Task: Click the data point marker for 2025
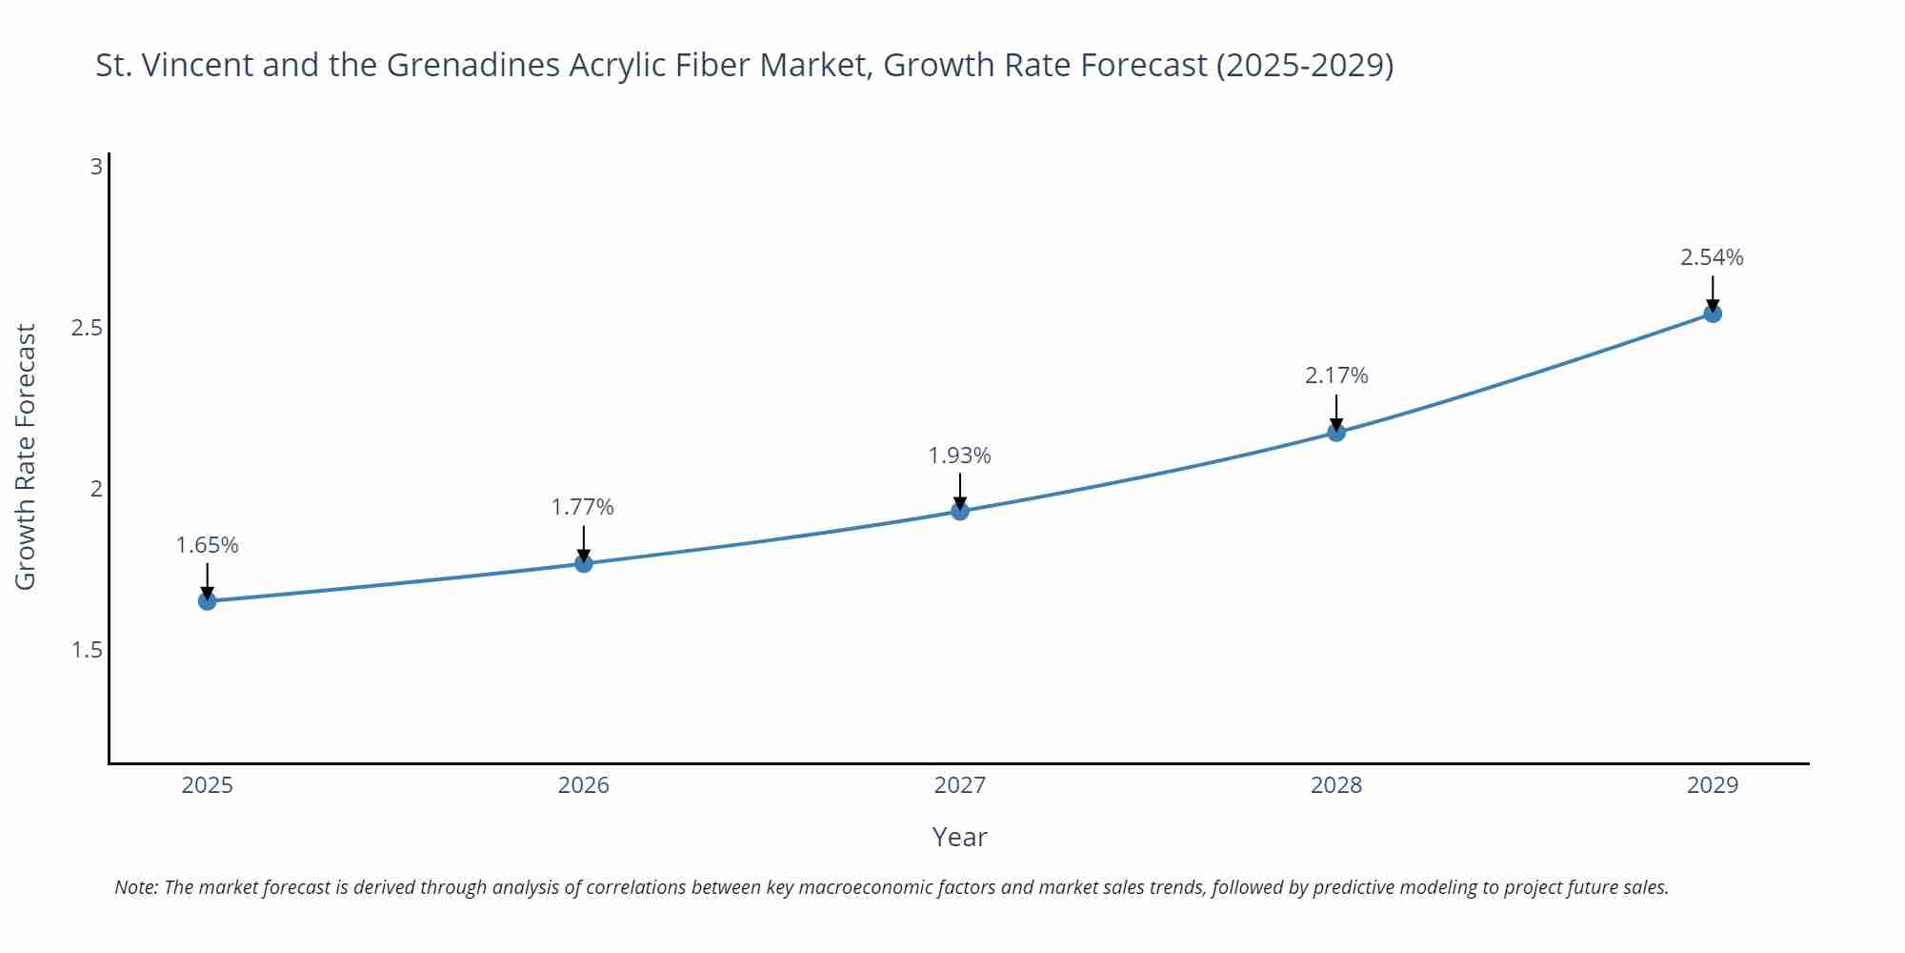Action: pos(207,601)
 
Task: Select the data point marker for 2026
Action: pos(584,563)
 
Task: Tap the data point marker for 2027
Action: pos(960,512)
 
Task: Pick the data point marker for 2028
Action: pos(1336,433)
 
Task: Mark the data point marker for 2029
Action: pos(1713,314)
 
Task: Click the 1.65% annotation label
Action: pos(207,545)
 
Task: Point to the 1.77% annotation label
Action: pos(583,507)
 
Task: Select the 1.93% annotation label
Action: pos(960,456)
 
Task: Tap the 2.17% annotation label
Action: pos(1336,375)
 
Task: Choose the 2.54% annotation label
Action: pos(1712,257)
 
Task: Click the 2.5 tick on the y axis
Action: pos(87,328)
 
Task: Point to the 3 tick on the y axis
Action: pos(96,167)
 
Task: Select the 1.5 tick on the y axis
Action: pos(87,650)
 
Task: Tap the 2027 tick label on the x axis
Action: pos(960,785)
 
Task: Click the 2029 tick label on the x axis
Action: pos(1713,785)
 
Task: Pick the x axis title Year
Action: pos(960,837)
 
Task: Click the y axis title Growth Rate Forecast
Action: pos(26,456)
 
